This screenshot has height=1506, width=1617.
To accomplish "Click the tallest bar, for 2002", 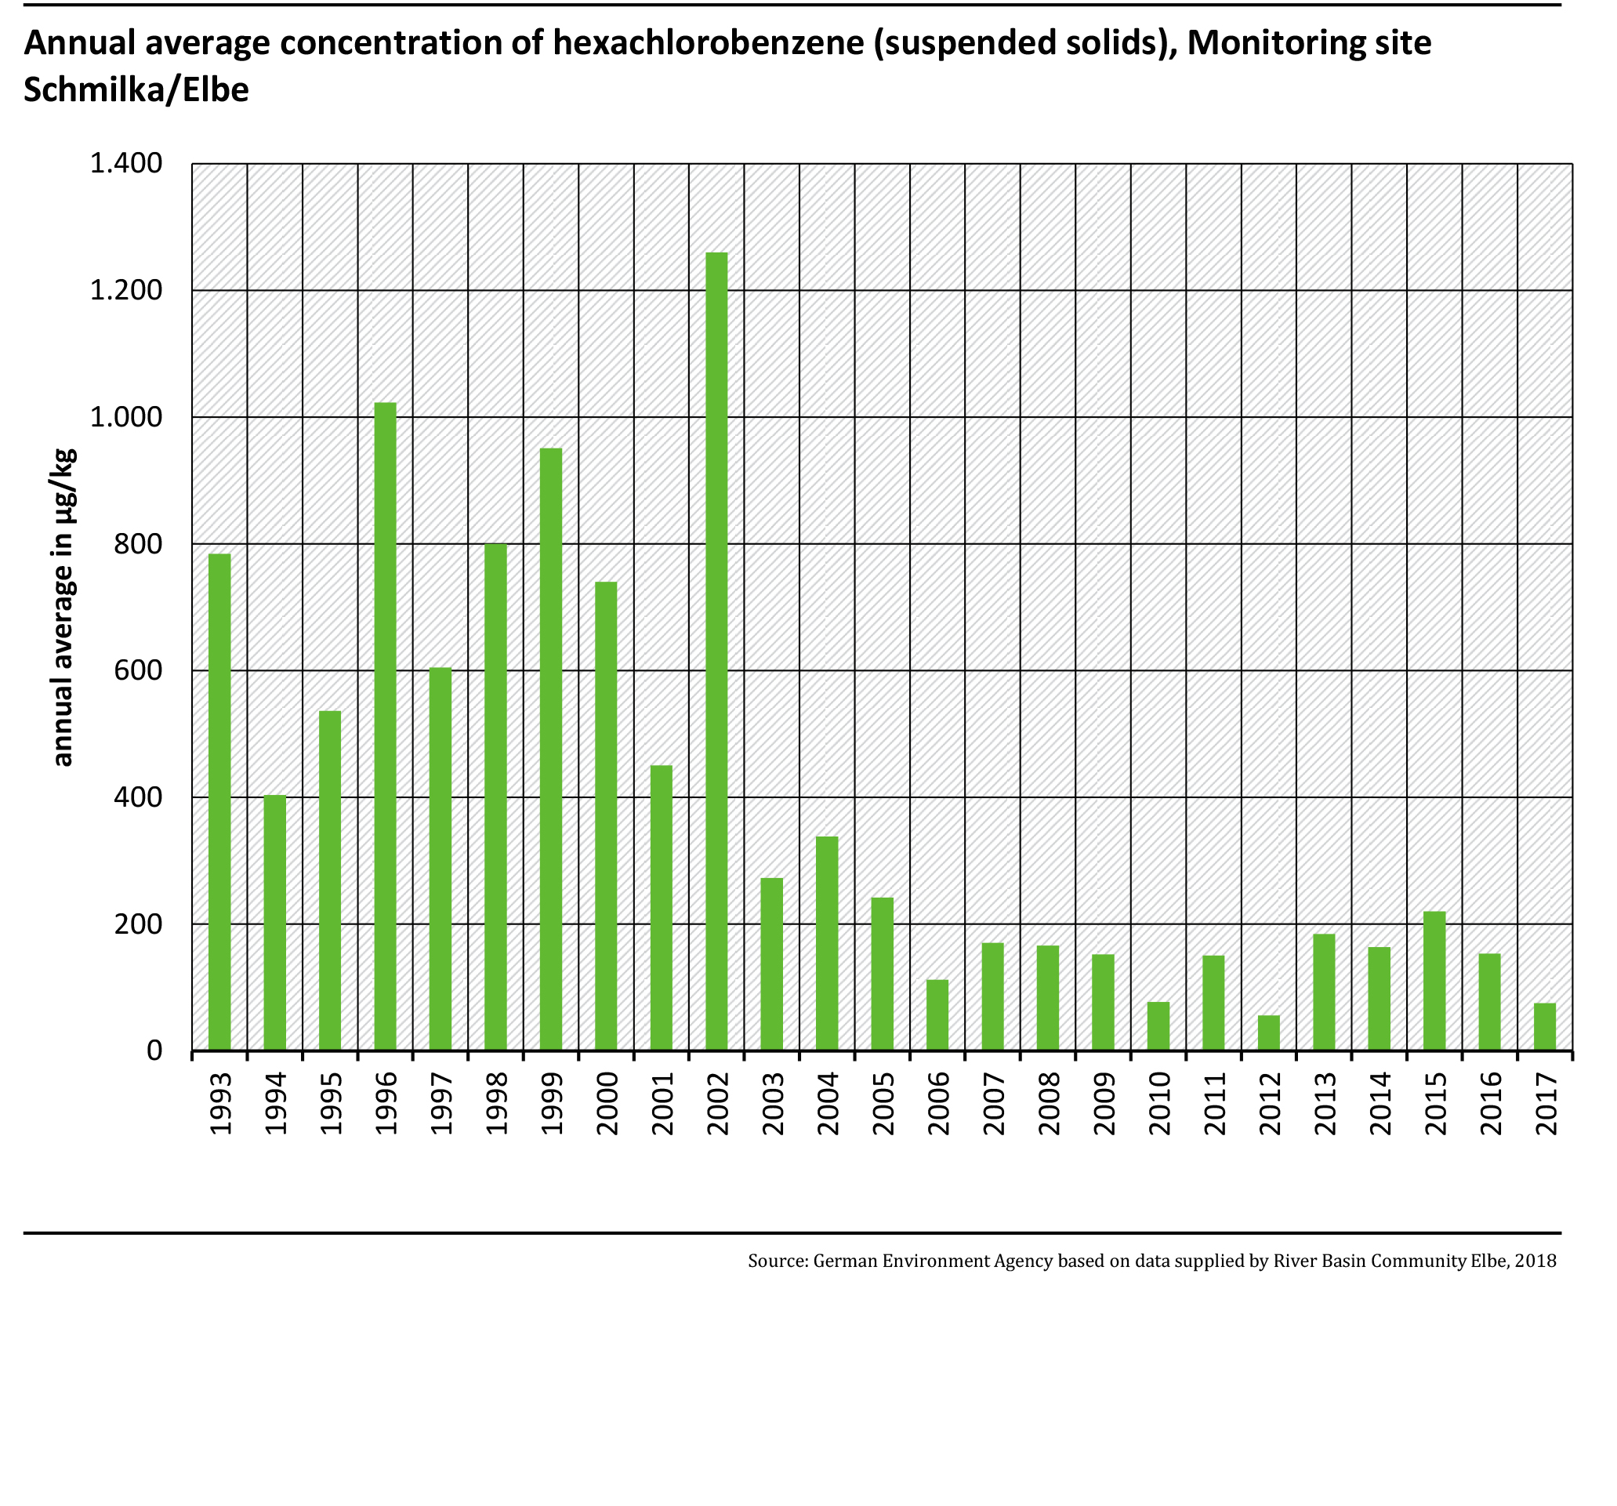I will (x=716, y=651).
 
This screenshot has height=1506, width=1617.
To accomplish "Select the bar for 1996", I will (x=385, y=726).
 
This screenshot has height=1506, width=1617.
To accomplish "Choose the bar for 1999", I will (x=551, y=749).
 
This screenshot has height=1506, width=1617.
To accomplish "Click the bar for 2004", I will (x=826, y=943).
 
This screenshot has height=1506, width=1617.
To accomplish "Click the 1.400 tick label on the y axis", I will (x=126, y=164).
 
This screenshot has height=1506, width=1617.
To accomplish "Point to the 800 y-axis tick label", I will (x=138, y=543).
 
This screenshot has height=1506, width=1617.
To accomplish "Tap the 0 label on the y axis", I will (x=154, y=1051).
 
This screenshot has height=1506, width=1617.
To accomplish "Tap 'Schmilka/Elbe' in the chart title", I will (x=136, y=89).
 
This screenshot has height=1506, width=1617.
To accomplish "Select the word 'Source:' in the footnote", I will (x=777, y=1261).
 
